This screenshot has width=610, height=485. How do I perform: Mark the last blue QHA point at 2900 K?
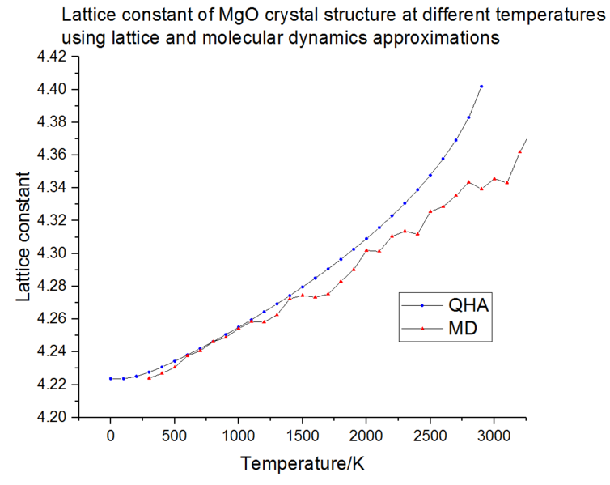481,86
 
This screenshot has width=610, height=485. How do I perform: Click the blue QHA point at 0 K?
110,378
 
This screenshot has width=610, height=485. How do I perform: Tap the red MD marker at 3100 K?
507,183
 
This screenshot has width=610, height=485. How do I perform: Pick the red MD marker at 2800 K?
468,182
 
